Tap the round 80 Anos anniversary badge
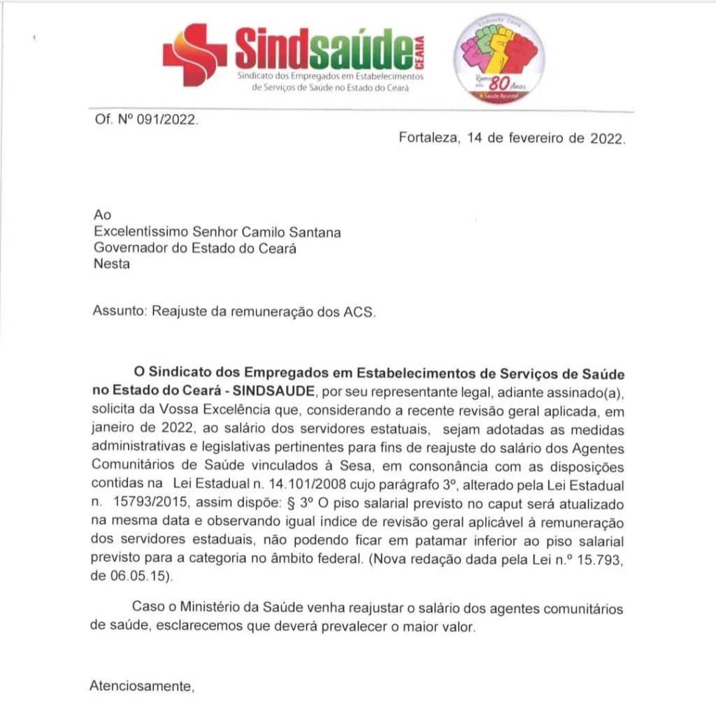click(x=499, y=59)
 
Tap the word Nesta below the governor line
click(x=111, y=264)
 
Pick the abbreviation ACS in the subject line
click(x=359, y=312)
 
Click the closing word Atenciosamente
click(x=141, y=686)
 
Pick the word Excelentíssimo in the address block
click(x=148, y=232)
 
